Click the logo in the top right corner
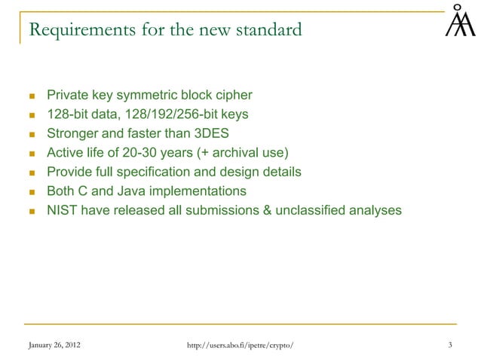(x=459, y=21)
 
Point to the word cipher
(x=233, y=96)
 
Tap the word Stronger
(x=74, y=134)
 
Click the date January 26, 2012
(x=52, y=345)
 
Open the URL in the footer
(x=240, y=345)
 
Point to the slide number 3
(x=449, y=345)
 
